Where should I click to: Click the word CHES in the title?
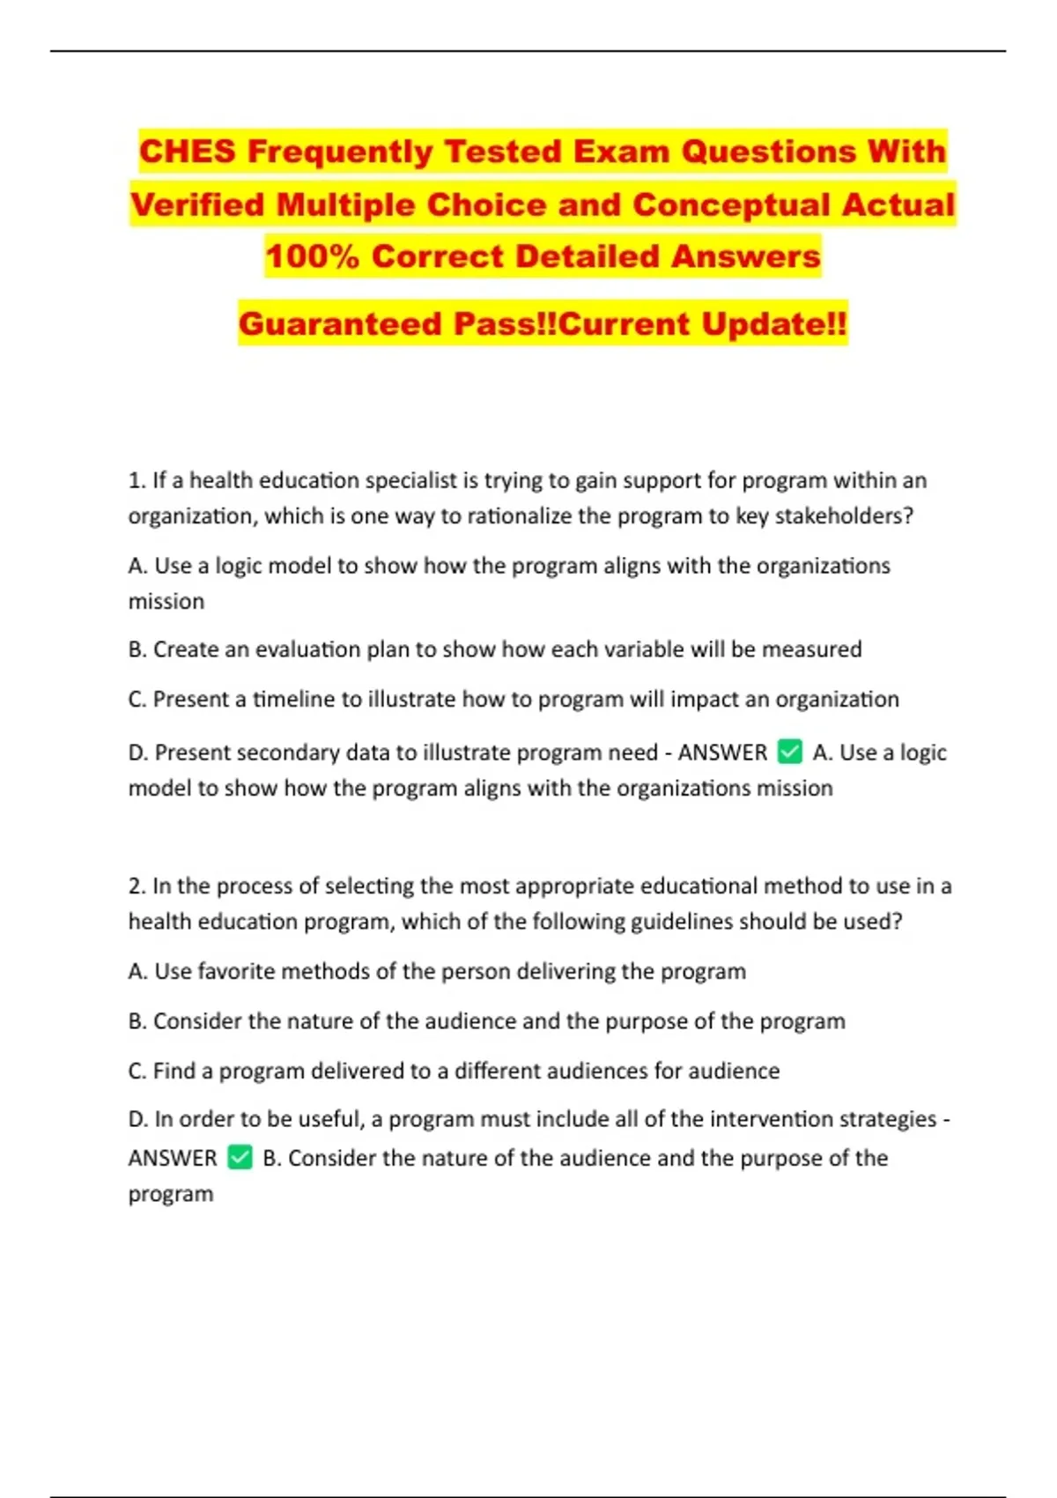coord(188,152)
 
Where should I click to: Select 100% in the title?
coord(312,256)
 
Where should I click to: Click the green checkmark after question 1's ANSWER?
coord(790,752)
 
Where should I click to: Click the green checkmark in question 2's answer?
coord(240,1157)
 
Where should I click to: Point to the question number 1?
coord(136,480)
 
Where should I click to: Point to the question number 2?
coord(136,886)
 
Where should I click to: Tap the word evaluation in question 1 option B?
coord(308,649)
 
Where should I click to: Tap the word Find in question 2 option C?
coord(174,1071)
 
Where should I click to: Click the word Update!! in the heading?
coord(774,323)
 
